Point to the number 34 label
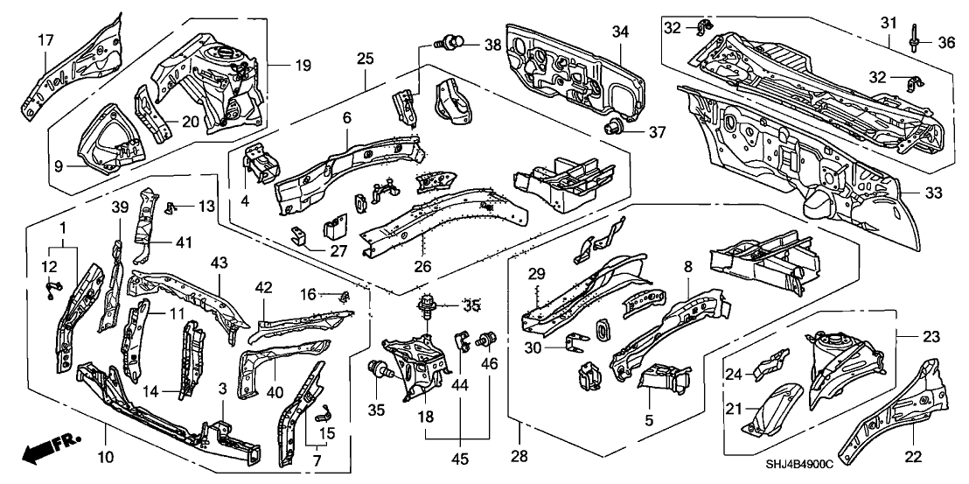[x=619, y=32]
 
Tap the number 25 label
[x=366, y=60]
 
